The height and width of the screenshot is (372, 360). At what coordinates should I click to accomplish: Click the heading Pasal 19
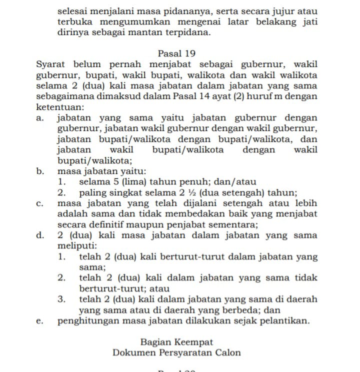pos(176,53)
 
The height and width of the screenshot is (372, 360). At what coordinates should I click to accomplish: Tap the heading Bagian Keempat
pos(176,342)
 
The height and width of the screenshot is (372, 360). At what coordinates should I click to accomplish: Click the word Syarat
pos(52,64)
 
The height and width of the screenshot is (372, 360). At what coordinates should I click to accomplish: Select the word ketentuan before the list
pos(58,107)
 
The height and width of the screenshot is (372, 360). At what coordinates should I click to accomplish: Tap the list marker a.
pos(39,118)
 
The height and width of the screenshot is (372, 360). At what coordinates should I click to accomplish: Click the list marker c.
pos(39,204)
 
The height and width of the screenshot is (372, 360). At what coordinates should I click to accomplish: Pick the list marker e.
pos(39,321)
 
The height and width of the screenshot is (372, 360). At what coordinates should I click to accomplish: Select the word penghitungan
pos(87,321)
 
